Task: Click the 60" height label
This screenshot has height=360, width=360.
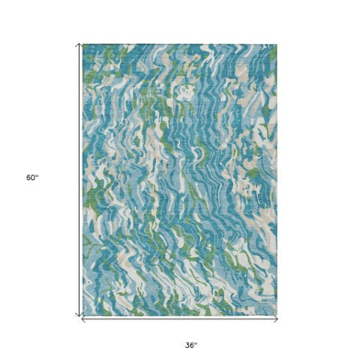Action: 31,178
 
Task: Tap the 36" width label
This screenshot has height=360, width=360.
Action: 191,325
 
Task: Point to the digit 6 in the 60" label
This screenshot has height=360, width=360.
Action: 28,178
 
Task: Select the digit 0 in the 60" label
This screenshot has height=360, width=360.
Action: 33,178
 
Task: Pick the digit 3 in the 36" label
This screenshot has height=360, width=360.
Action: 188,325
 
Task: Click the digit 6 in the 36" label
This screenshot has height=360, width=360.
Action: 193,325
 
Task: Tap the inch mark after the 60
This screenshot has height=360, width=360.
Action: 37,176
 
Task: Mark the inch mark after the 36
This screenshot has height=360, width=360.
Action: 196,322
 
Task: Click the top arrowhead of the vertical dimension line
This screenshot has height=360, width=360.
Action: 79,44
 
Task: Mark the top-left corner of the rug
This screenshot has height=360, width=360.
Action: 83,44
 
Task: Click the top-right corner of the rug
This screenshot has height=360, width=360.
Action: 276,44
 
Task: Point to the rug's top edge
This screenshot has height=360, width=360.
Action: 180,44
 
